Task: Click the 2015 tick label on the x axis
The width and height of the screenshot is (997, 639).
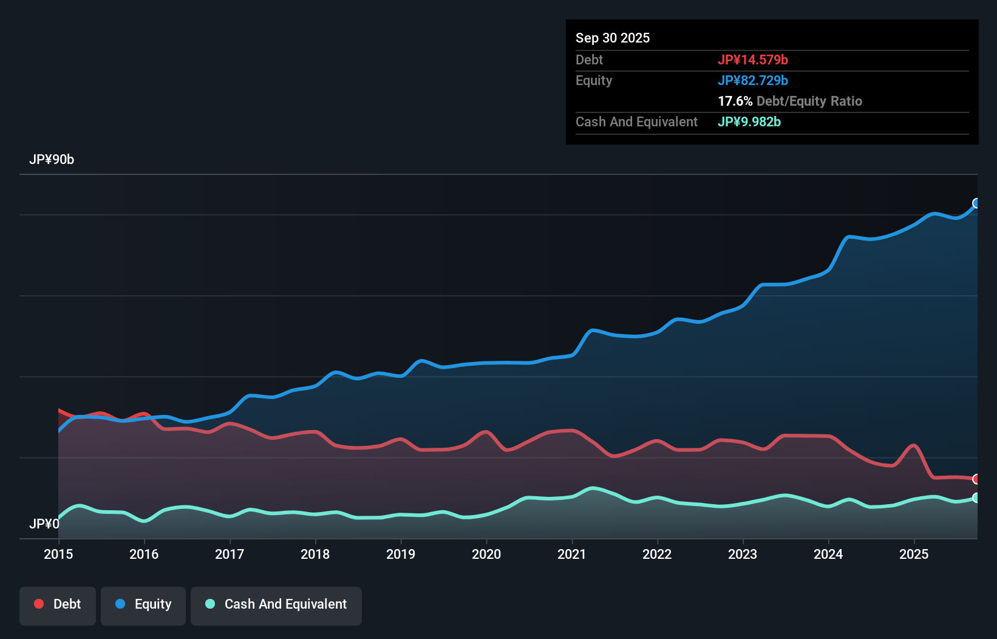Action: point(58,554)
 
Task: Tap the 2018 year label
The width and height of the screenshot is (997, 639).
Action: point(315,554)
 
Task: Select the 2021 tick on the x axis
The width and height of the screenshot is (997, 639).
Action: point(572,554)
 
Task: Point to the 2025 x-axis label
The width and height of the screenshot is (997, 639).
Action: point(914,554)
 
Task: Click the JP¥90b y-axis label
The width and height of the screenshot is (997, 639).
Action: point(52,160)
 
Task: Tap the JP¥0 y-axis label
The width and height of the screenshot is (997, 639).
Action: point(44,524)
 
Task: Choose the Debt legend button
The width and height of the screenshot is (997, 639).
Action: point(58,604)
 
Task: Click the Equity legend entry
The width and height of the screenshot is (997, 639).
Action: point(143,604)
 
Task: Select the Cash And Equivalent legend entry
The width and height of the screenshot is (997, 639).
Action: point(276,604)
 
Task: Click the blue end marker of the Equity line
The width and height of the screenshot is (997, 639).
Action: point(976,203)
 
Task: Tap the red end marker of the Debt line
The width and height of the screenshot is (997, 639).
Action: point(976,479)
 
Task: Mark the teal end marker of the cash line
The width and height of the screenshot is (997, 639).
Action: point(976,498)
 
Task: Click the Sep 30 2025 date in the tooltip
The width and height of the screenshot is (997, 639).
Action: point(613,38)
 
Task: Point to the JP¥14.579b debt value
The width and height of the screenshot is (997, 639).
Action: point(753,60)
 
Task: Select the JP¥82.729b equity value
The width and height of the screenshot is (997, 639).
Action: point(753,80)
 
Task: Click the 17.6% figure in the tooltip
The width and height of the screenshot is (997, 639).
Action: point(735,101)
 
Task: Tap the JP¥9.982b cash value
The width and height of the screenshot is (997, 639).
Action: point(749,121)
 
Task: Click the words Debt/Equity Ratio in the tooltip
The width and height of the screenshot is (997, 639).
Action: point(809,101)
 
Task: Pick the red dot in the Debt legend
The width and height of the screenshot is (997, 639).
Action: point(39,604)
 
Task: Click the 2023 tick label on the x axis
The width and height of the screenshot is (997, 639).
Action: point(743,554)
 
